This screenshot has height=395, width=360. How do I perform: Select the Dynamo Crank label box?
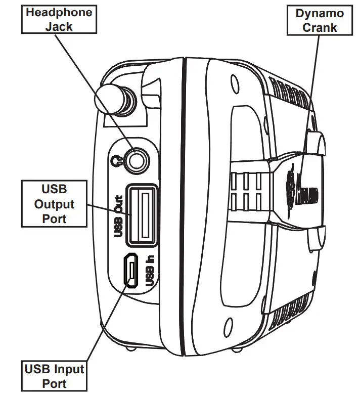[319, 20]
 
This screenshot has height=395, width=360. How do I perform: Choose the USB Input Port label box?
[55, 375]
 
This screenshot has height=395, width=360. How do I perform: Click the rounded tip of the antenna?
[108, 97]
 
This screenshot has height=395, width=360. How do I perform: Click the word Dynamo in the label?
[319, 13]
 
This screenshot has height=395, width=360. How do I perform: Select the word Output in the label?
[54, 204]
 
